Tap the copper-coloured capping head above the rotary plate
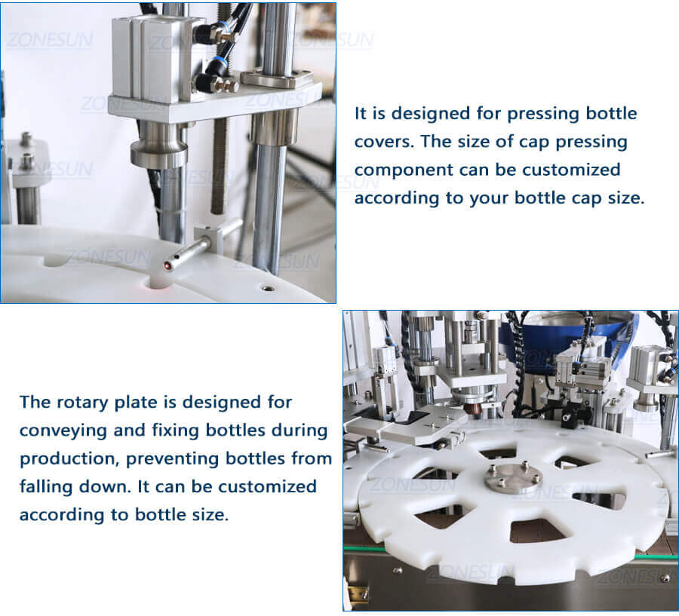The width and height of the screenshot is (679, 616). (x=475, y=407)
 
